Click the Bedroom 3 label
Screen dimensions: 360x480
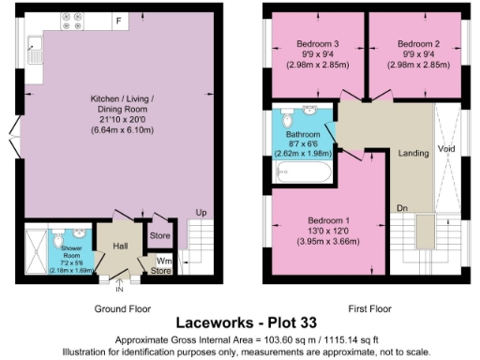[314, 44]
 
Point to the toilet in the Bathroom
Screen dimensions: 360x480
[288, 123]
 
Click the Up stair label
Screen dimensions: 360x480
[201, 211]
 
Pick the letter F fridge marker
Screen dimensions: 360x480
[118, 19]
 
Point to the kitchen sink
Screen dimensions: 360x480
[34, 45]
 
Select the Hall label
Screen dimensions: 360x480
[120, 246]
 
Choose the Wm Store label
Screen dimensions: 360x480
[163, 265]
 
